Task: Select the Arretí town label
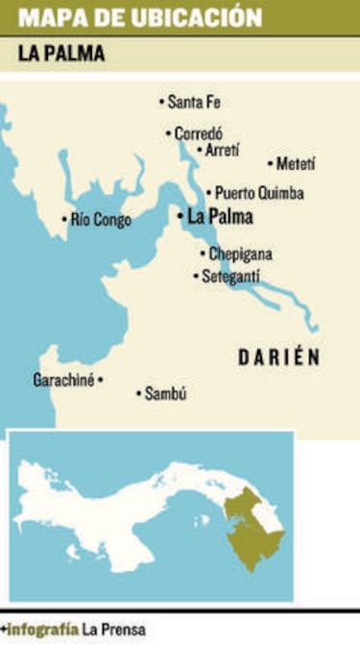(x=222, y=150)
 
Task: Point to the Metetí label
(x=296, y=164)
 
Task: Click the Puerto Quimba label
(x=259, y=192)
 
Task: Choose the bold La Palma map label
(x=221, y=217)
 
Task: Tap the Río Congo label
(x=101, y=220)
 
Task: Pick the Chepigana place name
(x=240, y=254)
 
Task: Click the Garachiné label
(x=63, y=379)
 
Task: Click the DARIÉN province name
(x=278, y=357)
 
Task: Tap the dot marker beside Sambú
(x=138, y=393)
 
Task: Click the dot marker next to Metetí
(x=270, y=164)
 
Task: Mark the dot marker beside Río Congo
(x=64, y=220)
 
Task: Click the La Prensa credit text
(x=113, y=630)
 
